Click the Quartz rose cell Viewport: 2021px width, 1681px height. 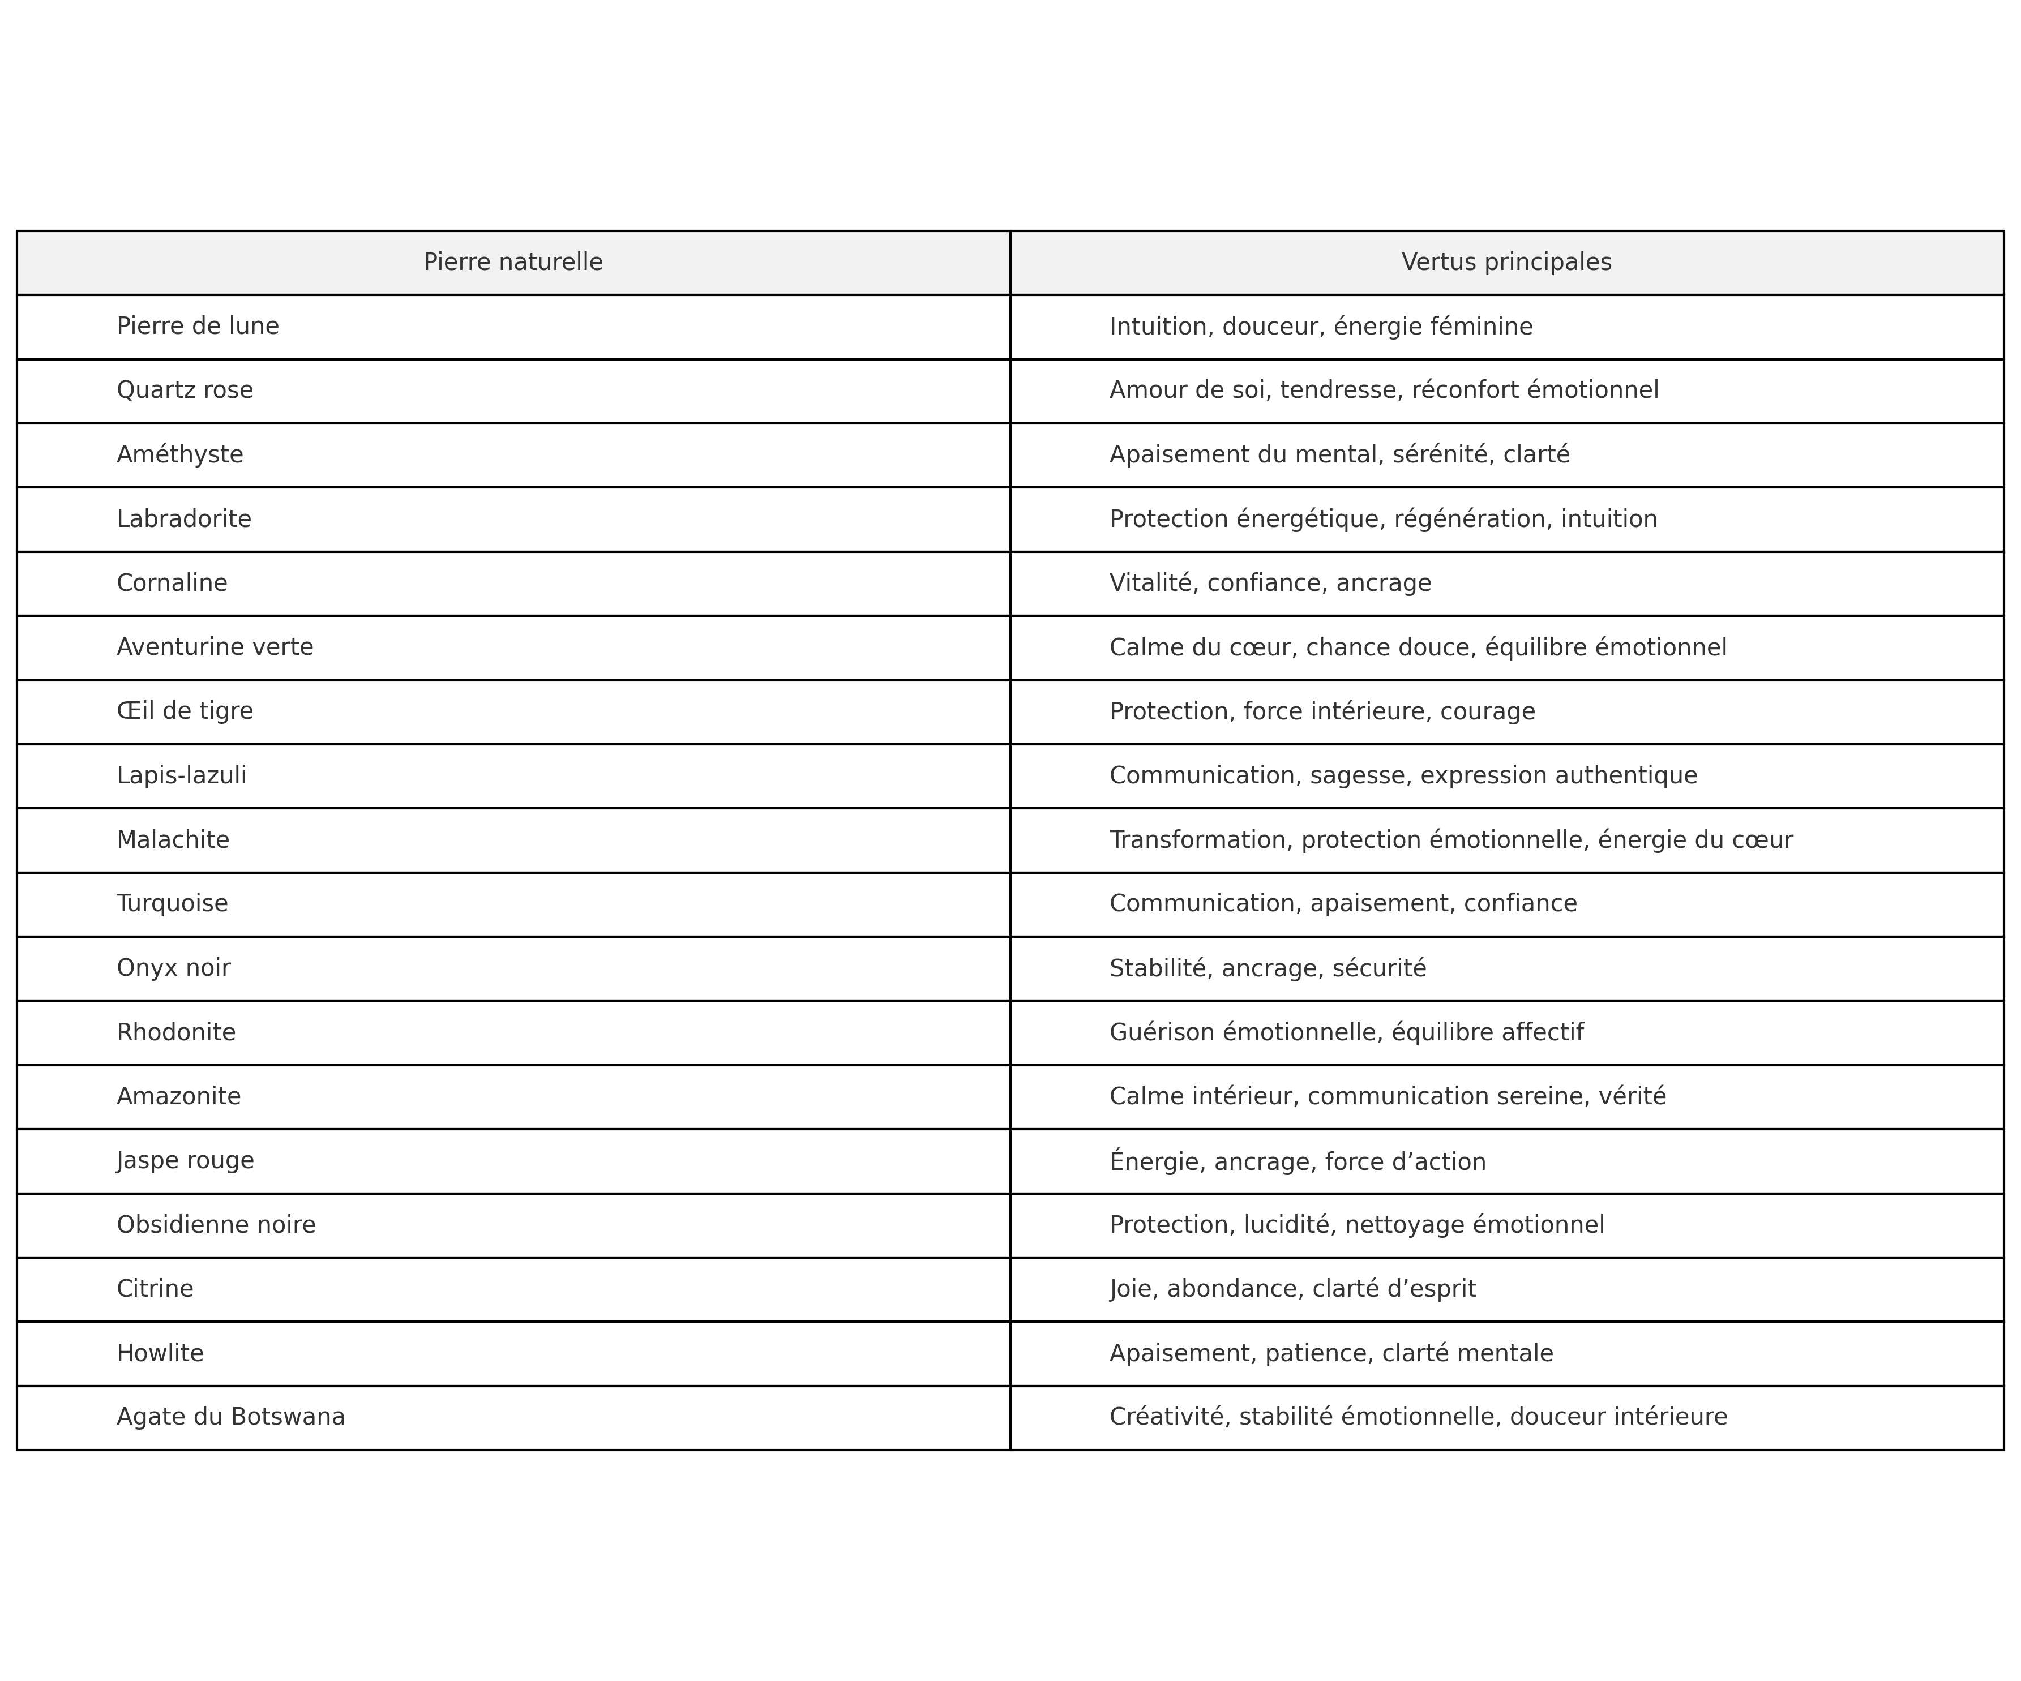coord(185,391)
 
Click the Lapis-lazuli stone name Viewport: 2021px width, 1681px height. coord(182,775)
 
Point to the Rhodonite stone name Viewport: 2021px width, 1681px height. coord(176,1032)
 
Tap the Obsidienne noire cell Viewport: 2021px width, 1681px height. coord(216,1225)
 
